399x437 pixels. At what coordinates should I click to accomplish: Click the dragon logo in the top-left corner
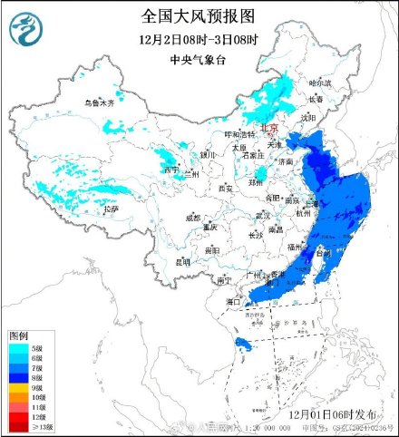[27, 32]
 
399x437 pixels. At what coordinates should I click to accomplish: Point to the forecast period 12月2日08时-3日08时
[199, 41]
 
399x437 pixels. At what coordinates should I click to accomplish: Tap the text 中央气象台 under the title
[199, 61]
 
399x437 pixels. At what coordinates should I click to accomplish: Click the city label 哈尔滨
[321, 83]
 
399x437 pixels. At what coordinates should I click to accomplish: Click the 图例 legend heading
[19, 335]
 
